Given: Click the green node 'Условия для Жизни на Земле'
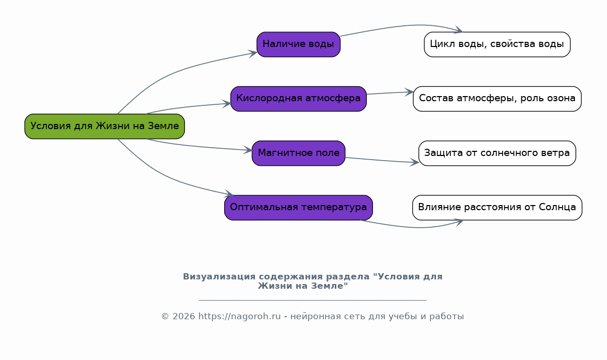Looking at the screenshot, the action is click(104, 126).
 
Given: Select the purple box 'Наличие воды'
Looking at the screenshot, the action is click(299, 44).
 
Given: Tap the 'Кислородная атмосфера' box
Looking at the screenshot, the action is click(299, 99).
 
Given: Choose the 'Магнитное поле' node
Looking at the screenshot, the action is click(299, 153).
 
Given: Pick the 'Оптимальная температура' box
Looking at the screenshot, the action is click(299, 208).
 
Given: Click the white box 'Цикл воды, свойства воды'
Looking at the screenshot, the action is click(497, 44).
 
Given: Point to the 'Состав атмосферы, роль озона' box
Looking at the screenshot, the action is click(497, 99).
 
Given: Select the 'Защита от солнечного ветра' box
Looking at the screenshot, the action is click(497, 153).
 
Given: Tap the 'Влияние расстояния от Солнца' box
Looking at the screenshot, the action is click(497, 208).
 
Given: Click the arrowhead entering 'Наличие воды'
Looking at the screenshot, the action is click(254, 53).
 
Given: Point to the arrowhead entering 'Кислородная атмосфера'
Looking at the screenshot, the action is click(227, 103).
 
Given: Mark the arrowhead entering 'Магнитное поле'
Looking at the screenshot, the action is click(248, 150).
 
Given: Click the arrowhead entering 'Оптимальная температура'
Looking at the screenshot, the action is click(229, 194).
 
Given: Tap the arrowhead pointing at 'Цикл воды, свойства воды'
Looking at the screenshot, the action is click(459, 30).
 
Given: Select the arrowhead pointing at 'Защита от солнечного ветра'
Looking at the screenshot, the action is click(415, 162).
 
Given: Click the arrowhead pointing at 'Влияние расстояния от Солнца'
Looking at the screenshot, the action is click(459, 222).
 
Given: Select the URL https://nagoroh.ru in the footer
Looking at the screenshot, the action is click(240, 317).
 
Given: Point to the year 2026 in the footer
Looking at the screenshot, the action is click(184, 317).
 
